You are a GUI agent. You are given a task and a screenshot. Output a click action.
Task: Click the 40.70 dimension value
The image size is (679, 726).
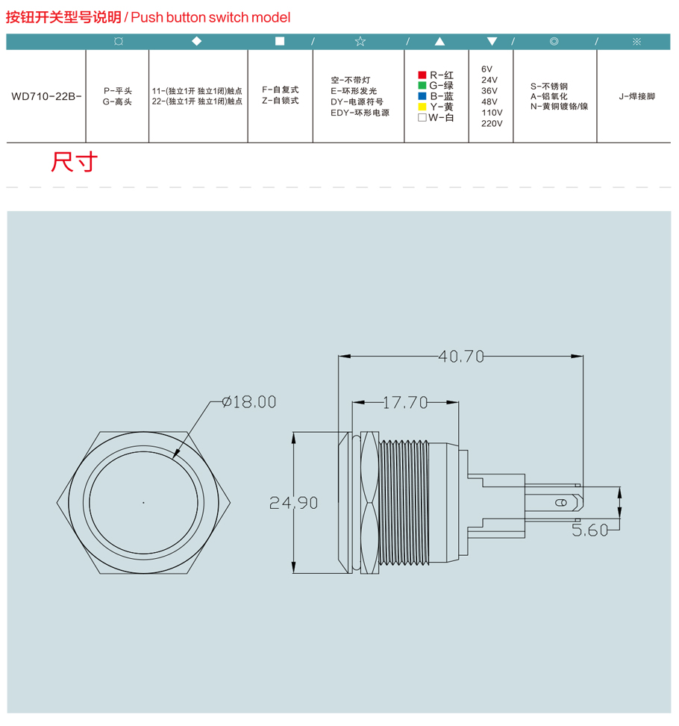click(x=461, y=356)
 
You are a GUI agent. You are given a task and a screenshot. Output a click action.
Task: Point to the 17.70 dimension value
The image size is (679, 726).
click(x=405, y=402)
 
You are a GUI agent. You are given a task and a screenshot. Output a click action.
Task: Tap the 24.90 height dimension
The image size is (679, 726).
click(x=294, y=503)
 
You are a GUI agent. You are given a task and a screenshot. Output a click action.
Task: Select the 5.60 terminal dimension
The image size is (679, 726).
click(x=589, y=530)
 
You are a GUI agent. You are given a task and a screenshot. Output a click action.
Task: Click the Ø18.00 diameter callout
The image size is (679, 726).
click(x=249, y=402)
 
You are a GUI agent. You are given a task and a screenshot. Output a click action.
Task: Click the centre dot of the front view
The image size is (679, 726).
click(x=143, y=502)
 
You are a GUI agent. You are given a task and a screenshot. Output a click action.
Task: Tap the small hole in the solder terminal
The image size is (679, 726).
click(x=561, y=503)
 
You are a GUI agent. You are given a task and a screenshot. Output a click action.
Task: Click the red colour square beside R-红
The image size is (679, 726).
click(x=422, y=75)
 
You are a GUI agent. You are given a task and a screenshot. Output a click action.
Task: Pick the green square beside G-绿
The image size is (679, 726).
click(x=422, y=86)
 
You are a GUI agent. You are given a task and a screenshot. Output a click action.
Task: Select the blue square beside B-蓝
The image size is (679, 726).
click(x=422, y=96)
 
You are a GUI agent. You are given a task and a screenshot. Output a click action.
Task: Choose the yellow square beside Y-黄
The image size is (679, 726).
click(x=422, y=107)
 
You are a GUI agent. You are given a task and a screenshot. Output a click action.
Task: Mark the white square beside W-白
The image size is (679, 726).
click(x=422, y=118)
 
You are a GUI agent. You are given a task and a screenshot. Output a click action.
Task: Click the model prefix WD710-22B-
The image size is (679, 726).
click(x=46, y=96)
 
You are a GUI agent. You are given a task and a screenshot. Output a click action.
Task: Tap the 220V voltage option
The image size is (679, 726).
click(x=492, y=124)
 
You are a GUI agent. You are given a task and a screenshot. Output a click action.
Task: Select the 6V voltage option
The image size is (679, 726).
click(x=486, y=69)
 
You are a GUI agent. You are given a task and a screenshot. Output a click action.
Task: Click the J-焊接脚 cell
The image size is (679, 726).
click(x=637, y=96)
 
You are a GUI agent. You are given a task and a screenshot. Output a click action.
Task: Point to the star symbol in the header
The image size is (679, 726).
click(x=360, y=41)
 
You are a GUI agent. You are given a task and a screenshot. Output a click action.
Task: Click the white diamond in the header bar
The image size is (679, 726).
click(x=197, y=41)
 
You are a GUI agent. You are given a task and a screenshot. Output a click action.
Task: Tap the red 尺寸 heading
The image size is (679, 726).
click(x=74, y=162)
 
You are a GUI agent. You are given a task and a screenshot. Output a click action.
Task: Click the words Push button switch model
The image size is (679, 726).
click(x=210, y=18)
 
